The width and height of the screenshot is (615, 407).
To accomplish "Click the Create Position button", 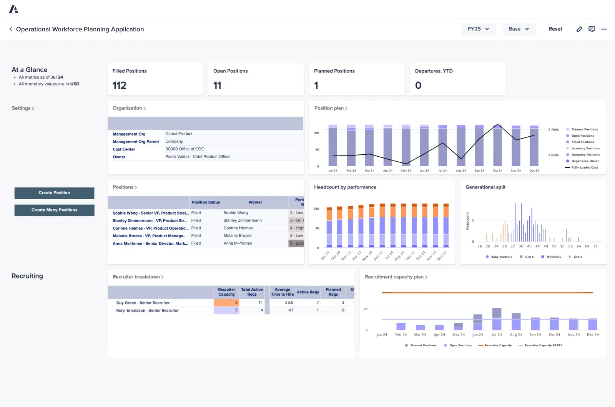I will (54, 193).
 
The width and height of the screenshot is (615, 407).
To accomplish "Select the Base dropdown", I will (519, 29).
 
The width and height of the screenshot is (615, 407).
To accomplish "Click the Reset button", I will (555, 29).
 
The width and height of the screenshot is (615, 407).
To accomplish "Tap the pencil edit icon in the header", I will (579, 29).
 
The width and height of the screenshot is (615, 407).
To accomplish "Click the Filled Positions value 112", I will (120, 85).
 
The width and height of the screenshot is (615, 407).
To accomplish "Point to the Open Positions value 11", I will (217, 85).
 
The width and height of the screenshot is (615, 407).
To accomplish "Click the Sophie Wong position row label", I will (150, 213).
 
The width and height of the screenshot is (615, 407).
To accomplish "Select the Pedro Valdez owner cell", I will (198, 157).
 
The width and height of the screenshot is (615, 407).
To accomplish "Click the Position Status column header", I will (206, 202).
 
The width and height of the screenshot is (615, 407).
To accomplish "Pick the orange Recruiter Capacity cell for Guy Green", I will (226, 303).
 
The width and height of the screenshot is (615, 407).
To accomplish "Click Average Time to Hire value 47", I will (291, 310).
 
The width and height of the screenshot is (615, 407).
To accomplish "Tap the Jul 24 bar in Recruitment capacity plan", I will (497, 319).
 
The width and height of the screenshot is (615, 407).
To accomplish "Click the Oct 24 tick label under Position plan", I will (497, 170).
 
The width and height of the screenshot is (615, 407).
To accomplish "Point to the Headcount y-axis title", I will (467, 221).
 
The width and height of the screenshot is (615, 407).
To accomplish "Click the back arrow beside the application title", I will (11, 29).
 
